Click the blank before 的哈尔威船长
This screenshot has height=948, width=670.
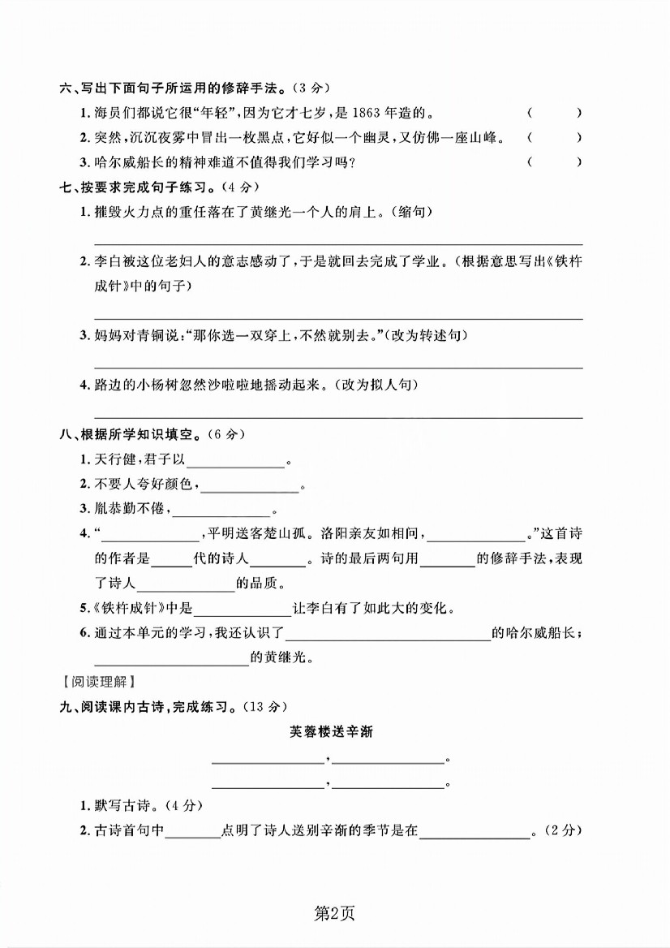388,635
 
